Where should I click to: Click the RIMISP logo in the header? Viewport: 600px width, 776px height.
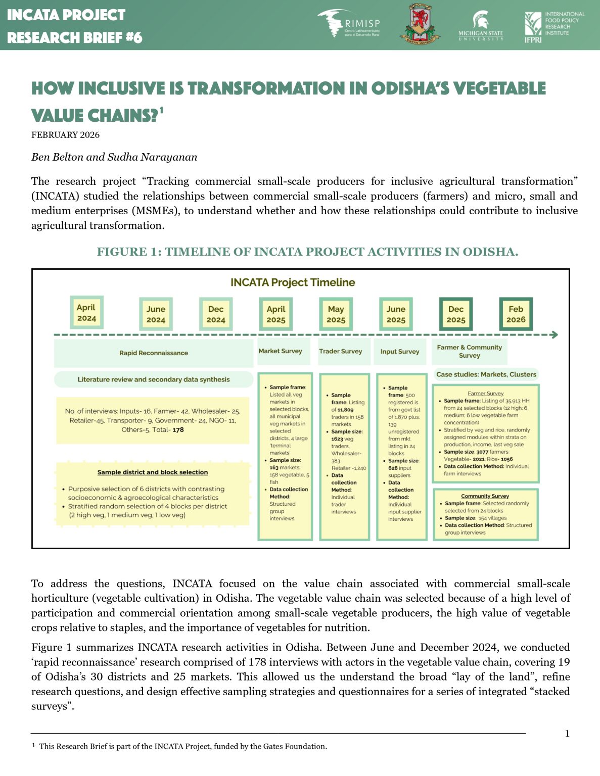pyautogui.click(x=349, y=24)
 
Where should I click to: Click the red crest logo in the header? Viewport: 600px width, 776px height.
pyautogui.click(x=419, y=24)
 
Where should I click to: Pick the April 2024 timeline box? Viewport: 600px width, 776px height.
pyautogui.click(x=86, y=313)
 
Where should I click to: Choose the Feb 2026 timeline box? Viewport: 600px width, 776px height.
pyautogui.click(x=516, y=314)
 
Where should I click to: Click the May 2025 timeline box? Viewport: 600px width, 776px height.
pyautogui.click(x=336, y=314)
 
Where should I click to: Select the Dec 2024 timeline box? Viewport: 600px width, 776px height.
pyautogui.click(x=216, y=314)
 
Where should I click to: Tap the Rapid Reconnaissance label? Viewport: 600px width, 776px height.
pyautogui.click(x=154, y=353)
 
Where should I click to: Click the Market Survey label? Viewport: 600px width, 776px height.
pyautogui.click(x=280, y=351)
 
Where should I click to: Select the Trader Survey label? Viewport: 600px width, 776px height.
pyautogui.click(x=340, y=351)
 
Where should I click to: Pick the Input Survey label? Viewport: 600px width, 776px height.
pyautogui.click(x=400, y=351)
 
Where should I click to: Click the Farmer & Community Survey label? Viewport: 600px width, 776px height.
pyautogui.click(x=469, y=351)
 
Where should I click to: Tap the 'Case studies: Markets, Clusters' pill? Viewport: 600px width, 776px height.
pyautogui.click(x=486, y=374)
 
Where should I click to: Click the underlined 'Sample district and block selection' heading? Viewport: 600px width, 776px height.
pyautogui.click(x=153, y=472)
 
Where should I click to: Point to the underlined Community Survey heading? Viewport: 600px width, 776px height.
pyautogui.click(x=485, y=496)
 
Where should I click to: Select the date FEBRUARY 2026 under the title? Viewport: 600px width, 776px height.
pyautogui.click(x=66, y=134)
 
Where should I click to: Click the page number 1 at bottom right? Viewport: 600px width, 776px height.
pyautogui.click(x=567, y=734)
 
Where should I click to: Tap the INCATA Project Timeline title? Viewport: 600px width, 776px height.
pyautogui.click(x=293, y=282)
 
